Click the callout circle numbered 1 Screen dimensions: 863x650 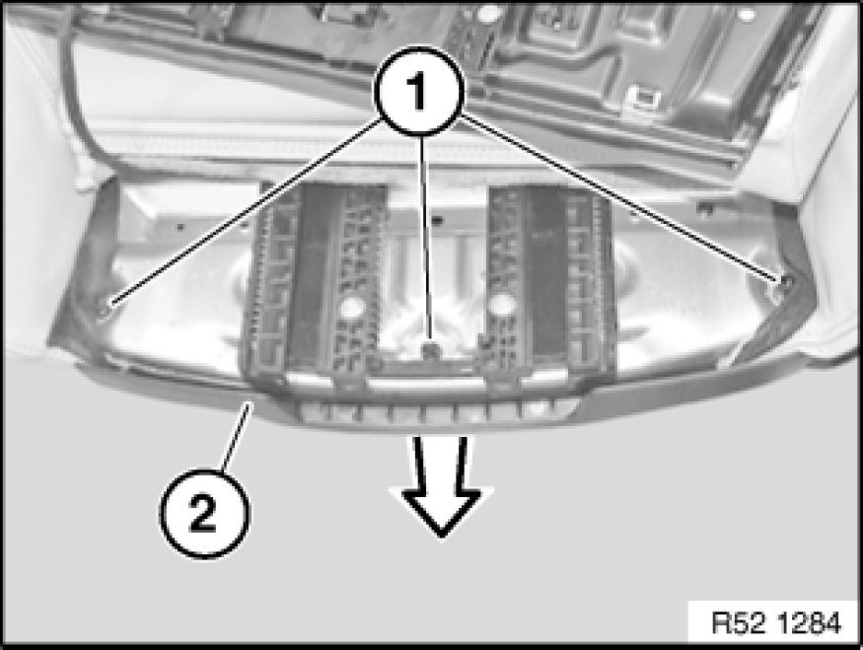pyautogui.click(x=419, y=92)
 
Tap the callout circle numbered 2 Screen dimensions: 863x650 pyautogui.click(x=204, y=513)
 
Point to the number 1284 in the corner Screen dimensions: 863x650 pyautogui.click(x=810, y=623)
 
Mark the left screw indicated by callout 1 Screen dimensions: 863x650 pyautogui.click(x=104, y=310)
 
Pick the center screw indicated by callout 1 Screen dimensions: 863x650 pyautogui.click(x=431, y=349)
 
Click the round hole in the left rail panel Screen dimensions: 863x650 pyautogui.click(x=349, y=307)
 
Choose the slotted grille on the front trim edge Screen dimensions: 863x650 pyautogui.click(x=435, y=410)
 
